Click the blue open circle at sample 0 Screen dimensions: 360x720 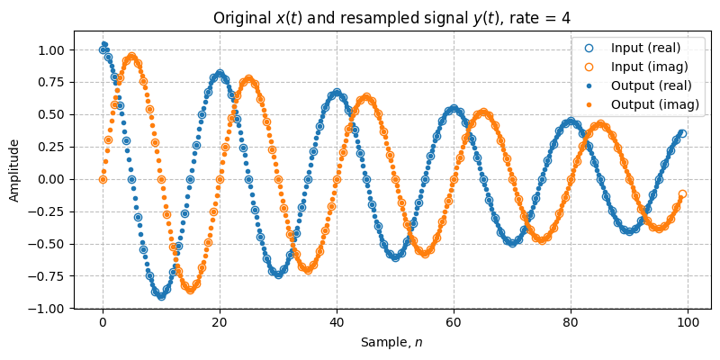coord(103,50)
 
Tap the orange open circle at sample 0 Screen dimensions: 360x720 coord(103,179)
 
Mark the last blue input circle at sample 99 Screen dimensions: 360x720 coord(682,133)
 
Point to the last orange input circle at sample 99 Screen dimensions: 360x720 coord(682,193)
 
